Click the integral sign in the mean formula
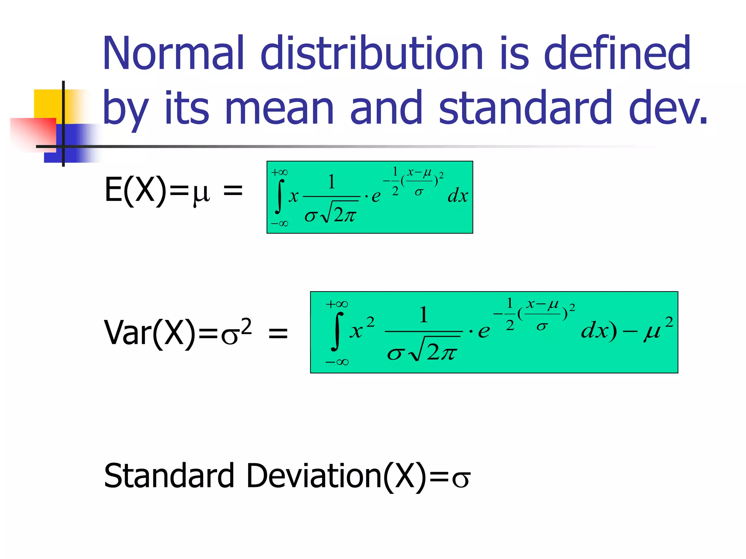coord(279,197)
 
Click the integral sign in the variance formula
coord(337,331)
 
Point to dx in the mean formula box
coord(458,196)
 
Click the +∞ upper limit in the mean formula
coord(279,172)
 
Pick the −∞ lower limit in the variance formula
coord(337,362)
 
